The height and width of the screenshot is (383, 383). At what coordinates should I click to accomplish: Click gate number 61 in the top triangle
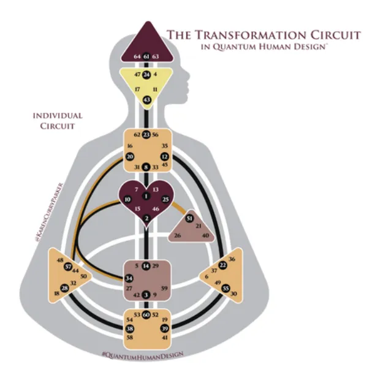tap(146, 56)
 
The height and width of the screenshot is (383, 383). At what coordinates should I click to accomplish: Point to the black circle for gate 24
tap(146, 75)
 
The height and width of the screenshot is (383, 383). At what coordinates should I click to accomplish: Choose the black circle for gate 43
tap(146, 99)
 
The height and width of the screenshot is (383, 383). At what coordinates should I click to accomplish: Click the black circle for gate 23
tap(146, 135)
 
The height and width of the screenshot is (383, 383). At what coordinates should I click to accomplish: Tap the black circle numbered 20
tap(129, 157)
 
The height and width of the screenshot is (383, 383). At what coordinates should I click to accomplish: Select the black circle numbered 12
tap(164, 157)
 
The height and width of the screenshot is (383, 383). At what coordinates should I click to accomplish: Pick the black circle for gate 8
tap(146, 167)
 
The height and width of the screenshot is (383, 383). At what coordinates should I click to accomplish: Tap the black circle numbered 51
tap(190, 219)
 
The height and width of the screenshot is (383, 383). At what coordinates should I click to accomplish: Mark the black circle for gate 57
tap(68, 267)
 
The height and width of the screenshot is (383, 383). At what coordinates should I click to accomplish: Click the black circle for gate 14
tap(146, 265)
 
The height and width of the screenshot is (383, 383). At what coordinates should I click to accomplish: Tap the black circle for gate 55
tap(226, 287)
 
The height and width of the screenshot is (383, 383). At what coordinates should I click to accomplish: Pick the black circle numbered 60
tap(146, 314)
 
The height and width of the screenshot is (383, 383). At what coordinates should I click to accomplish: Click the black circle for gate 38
tap(129, 329)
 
